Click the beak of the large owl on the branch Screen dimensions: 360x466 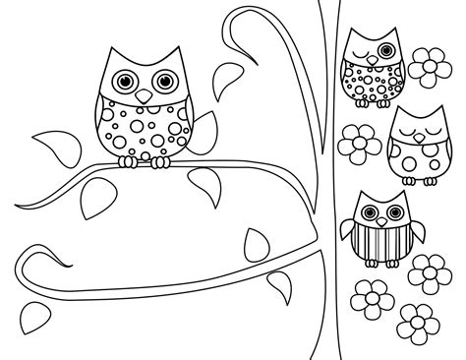point(144,96)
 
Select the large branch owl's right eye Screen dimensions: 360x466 point(162,83)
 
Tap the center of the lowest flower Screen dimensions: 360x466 point(417,320)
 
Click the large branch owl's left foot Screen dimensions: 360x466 point(126,160)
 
